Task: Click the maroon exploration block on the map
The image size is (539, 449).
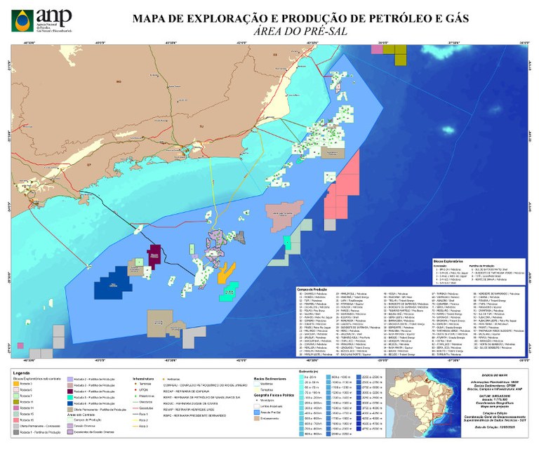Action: coord(154,256)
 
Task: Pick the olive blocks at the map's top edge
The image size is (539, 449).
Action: coord(394,53)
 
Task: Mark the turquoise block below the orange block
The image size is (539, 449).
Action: coord(227,291)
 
